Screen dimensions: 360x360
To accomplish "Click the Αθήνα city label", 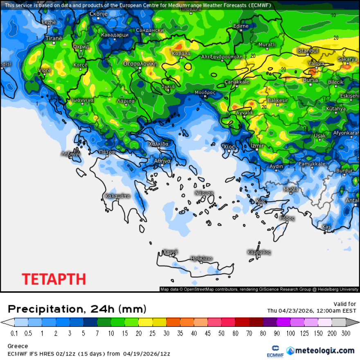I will [x=162, y=161].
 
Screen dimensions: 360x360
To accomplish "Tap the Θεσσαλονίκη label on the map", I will [x=140, y=64].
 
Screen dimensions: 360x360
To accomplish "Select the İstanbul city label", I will [x=308, y=51].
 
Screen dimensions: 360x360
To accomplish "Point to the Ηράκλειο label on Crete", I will [x=202, y=259].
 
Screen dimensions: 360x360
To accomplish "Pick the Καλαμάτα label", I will [x=117, y=196].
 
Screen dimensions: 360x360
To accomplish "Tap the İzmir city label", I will [x=257, y=146].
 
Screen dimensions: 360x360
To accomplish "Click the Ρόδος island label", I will [x=287, y=218].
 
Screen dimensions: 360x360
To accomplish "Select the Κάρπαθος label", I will [x=259, y=252].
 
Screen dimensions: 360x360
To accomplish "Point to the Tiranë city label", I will [x=54, y=38].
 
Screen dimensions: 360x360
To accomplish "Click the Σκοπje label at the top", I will [x=98, y=14].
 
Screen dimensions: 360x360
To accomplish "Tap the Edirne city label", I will [x=241, y=26].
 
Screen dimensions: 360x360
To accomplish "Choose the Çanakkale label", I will [x=237, y=82].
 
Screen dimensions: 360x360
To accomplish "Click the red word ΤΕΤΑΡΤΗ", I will [x=54, y=279].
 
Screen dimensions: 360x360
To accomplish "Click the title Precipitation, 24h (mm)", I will [x=77, y=309].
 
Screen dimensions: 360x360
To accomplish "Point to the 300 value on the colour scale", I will [x=346, y=333].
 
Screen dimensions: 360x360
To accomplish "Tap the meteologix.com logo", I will [x=320, y=351].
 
